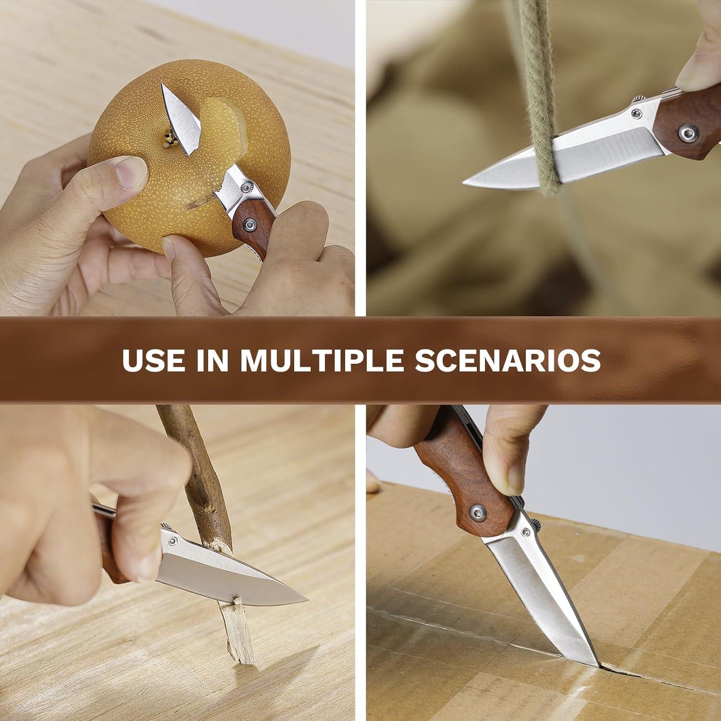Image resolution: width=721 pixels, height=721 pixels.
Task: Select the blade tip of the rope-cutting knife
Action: [x=465, y=182]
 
